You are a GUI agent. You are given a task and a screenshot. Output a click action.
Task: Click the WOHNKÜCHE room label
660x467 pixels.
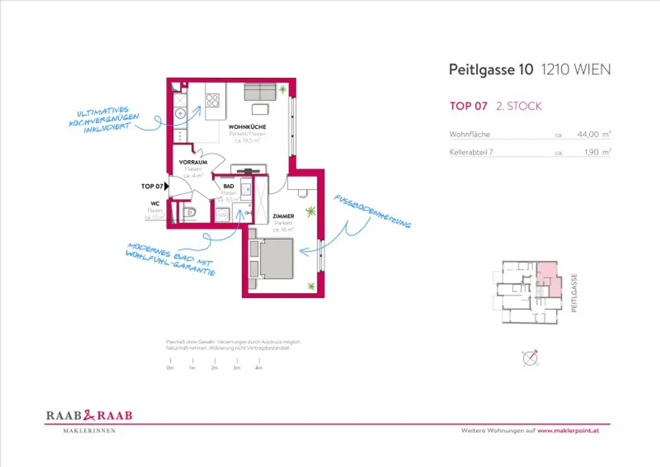(247, 127)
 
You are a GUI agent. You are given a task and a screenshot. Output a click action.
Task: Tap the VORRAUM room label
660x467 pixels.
(193, 162)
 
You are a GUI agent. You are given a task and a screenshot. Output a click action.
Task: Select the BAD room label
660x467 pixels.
(229, 186)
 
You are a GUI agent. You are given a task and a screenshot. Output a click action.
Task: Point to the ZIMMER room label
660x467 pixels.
(283, 216)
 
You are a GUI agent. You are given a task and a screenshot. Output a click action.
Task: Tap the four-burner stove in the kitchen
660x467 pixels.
(212, 101)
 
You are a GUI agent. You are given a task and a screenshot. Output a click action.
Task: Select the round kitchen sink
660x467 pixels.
(180, 114)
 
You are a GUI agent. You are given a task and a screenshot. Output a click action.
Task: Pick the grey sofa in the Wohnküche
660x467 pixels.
(260, 92)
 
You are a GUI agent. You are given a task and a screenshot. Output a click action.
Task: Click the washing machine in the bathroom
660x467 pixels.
(222, 215)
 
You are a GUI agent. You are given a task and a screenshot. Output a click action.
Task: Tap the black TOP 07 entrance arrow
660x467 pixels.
(166, 186)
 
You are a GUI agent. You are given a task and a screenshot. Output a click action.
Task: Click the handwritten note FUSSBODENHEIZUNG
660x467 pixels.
(372, 211)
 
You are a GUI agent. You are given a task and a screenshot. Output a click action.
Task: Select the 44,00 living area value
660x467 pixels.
(588, 134)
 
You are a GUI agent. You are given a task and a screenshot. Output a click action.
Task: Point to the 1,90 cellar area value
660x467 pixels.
(591, 152)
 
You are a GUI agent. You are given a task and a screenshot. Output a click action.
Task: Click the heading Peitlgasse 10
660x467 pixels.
(491, 70)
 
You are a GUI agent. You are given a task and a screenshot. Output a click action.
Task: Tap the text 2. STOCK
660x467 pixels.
(519, 106)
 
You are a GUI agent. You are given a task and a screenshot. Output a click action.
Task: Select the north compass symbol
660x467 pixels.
(530, 358)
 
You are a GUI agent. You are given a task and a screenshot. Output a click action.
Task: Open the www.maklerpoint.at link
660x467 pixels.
(568, 430)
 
